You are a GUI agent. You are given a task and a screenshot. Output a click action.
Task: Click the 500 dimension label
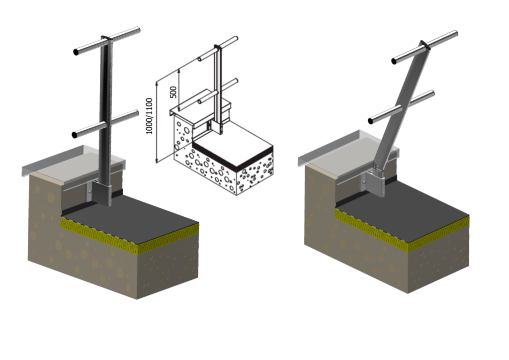tap(173, 92)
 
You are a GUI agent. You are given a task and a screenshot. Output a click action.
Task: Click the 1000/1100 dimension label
tap(149, 116)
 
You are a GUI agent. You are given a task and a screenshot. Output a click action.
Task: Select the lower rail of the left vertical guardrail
tap(106, 124)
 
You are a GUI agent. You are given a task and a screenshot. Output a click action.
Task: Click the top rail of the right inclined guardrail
tap(425, 47)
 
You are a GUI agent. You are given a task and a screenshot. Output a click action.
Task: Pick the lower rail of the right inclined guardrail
tap(401, 107)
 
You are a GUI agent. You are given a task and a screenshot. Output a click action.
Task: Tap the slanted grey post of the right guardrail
tap(403, 104)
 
